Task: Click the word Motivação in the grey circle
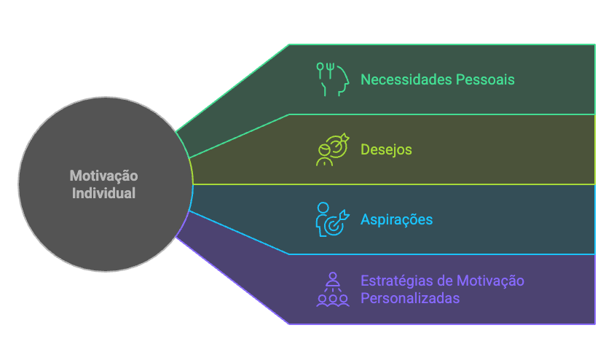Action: pyautogui.click(x=103, y=176)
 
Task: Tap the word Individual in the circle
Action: pyautogui.click(x=103, y=194)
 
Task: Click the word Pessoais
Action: pyautogui.click(x=485, y=79)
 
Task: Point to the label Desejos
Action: pyautogui.click(x=386, y=149)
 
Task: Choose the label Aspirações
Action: pyautogui.click(x=396, y=219)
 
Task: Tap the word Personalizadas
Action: pyautogui.click(x=410, y=298)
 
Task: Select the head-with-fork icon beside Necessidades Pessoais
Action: pyautogui.click(x=333, y=79)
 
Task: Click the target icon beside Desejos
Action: pyautogui.click(x=333, y=149)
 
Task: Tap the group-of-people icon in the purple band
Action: pyautogui.click(x=333, y=289)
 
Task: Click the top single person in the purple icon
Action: pyautogui.click(x=333, y=278)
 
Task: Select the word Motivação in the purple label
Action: pyautogui.click(x=490, y=281)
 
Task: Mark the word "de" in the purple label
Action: pyautogui.click(x=445, y=281)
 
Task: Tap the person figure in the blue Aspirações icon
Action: pyautogui.click(x=323, y=217)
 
